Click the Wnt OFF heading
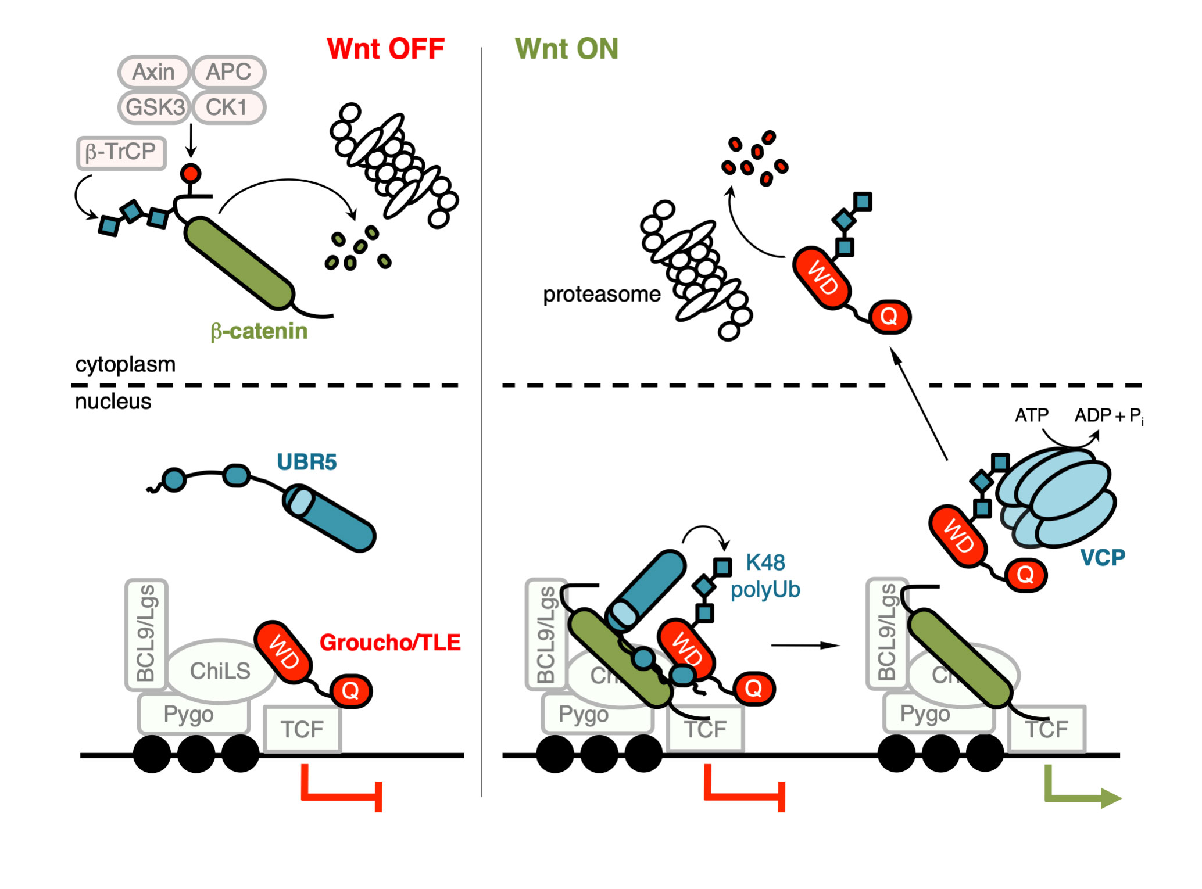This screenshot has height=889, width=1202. tap(385, 49)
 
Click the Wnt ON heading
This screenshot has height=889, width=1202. tap(566, 49)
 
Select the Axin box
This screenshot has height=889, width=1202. tap(154, 72)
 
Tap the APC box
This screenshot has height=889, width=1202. tap(228, 72)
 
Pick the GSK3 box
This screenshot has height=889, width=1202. tap(155, 107)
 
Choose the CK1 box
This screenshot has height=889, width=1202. tap(227, 107)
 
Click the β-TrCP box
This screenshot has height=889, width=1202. tap(121, 152)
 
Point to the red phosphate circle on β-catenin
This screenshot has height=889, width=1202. tap(191, 173)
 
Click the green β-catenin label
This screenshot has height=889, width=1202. tap(259, 331)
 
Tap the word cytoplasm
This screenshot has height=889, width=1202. tap(125, 364)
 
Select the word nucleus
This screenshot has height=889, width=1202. tap(113, 402)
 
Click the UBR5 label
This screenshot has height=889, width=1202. tap(306, 462)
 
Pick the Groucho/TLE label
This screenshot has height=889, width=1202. tap(390, 643)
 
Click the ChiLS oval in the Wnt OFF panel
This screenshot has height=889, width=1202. tap(220, 671)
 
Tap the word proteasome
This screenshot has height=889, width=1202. tap(601, 295)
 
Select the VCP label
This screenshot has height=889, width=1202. tap(1102, 558)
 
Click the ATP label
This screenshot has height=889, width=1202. tap(1031, 415)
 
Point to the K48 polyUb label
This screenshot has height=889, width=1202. tap(765, 576)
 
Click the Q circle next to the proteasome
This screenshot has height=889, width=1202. tap(889, 317)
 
